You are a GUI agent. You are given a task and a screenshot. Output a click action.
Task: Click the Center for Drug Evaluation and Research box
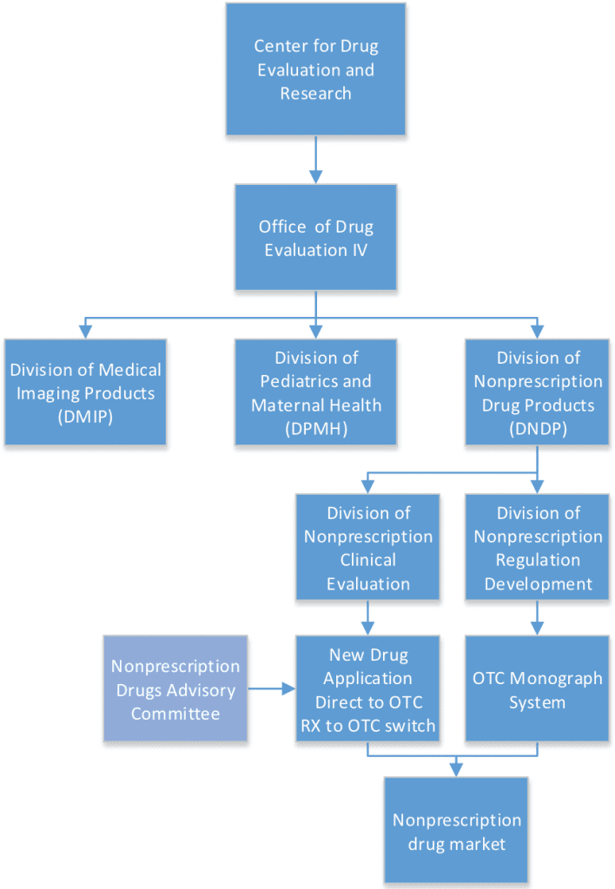point(315,69)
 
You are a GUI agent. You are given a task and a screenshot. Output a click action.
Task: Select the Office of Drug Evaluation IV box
point(315,237)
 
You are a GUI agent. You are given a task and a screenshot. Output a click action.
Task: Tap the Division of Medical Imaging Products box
point(85,392)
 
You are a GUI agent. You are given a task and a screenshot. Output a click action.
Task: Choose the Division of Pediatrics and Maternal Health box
point(315,392)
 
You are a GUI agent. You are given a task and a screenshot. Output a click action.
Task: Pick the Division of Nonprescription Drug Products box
point(537,392)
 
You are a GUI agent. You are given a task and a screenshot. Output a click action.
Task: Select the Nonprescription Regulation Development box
point(537,548)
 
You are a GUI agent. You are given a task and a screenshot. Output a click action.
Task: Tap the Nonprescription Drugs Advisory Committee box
point(175,689)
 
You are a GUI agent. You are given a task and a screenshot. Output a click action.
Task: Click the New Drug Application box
point(367,689)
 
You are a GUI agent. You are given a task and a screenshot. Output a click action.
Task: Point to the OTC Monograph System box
point(537,689)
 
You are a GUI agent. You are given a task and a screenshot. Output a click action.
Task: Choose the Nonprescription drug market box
point(456,831)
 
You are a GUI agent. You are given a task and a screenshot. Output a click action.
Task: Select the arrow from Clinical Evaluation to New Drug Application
point(367,617)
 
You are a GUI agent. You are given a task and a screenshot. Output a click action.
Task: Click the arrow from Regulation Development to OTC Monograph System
point(537,617)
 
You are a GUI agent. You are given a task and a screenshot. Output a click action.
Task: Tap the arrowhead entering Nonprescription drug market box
point(456,770)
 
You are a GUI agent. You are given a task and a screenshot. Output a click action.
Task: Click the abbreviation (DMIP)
point(85,416)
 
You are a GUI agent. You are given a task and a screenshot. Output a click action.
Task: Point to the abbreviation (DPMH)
point(315,428)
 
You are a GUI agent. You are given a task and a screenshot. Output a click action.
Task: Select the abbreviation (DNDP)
point(537,428)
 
